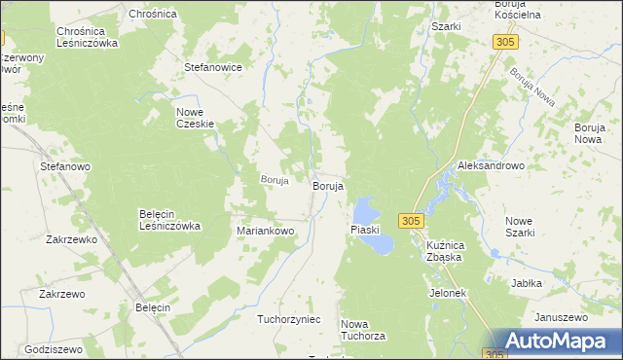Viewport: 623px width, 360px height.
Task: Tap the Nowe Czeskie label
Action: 195,118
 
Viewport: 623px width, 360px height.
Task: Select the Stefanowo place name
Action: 65,166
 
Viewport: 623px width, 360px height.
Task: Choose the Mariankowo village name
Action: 266,231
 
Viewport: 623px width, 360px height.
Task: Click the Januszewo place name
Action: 562,317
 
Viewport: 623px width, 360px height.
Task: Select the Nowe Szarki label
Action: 529,226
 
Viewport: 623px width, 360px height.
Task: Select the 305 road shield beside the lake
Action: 410,221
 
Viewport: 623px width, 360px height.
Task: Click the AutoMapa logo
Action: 558,340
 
